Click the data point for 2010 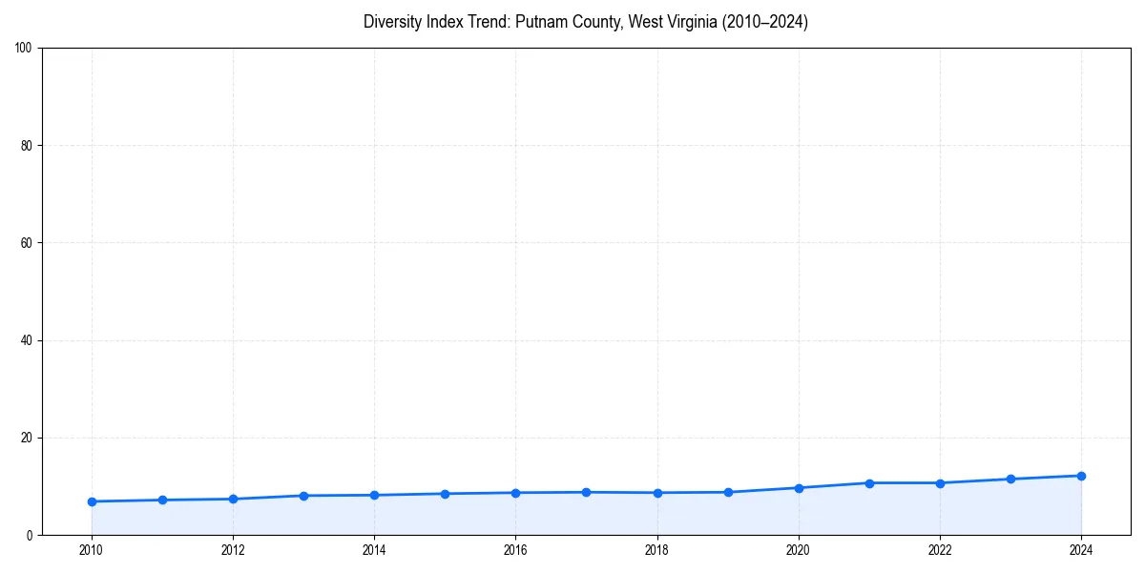[x=92, y=501]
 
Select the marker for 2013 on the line [x=303, y=496]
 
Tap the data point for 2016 [x=515, y=493]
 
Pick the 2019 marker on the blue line [x=728, y=492]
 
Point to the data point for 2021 [x=869, y=483]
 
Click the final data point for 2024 [x=1081, y=476]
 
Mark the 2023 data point [x=1010, y=479]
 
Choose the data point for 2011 [x=162, y=500]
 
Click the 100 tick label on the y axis [x=24, y=49]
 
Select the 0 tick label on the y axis [x=30, y=535]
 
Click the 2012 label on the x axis [x=233, y=550]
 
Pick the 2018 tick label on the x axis [x=656, y=550]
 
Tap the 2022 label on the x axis [x=940, y=550]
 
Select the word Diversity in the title [x=393, y=22]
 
